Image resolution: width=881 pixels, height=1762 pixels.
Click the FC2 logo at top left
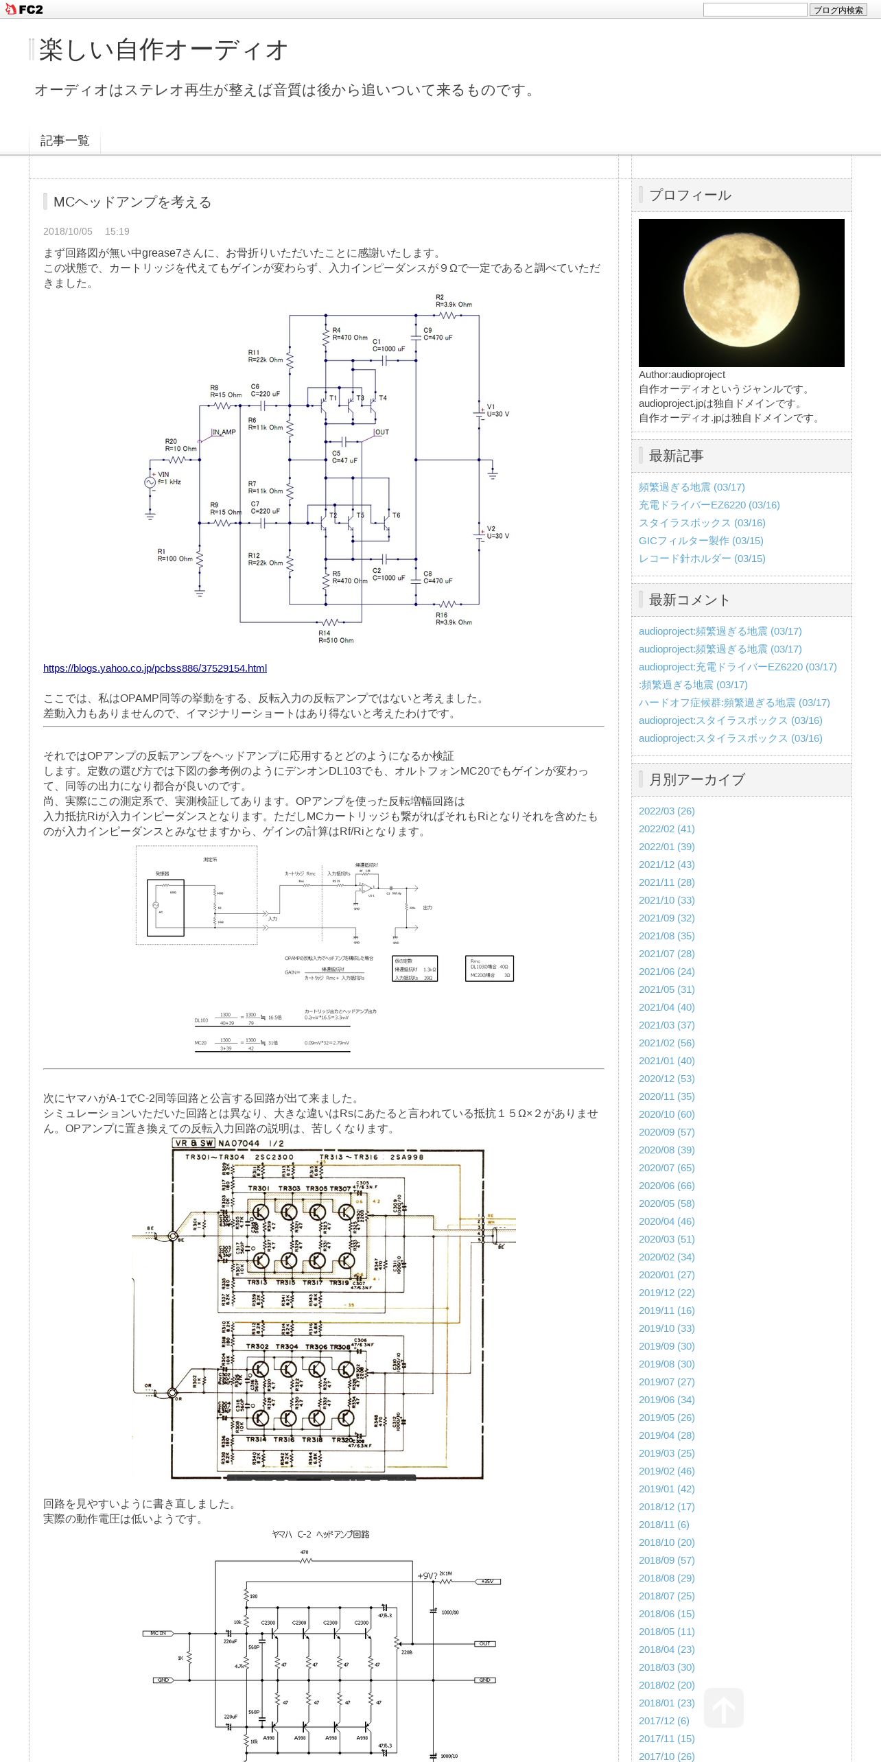(x=24, y=10)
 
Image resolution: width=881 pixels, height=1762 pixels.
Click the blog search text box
(x=755, y=10)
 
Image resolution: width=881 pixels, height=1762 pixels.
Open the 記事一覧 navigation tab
(x=64, y=141)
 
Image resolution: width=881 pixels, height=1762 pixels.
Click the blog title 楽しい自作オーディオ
(x=163, y=50)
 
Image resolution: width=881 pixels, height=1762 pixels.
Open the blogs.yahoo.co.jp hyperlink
(x=155, y=668)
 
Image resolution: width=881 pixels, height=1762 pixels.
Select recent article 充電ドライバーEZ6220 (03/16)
(x=709, y=505)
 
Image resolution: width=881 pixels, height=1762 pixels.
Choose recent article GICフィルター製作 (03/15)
(x=701, y=541)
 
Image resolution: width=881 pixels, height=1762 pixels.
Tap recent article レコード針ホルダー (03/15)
(x=702, y=559)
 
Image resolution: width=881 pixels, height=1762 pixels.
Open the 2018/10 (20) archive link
(x=666, y=1542)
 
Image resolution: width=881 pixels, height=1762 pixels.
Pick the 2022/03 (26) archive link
(x=666, y=811)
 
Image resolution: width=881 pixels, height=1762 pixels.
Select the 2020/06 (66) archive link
(x=666, y=1186)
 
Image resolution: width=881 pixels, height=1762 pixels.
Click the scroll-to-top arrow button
(x=723, y=1708)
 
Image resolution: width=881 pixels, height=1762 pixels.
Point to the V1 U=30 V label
(x=497, y=410)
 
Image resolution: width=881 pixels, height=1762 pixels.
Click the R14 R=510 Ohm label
(x=336, y=637)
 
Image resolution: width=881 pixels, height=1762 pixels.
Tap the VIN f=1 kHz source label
(x=169, y=478)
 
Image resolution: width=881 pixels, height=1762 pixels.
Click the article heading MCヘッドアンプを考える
(x=132, y=202)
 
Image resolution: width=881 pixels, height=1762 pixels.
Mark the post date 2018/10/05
(x=68, y=232)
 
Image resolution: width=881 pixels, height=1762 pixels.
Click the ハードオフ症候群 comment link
(x=734, y=703)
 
